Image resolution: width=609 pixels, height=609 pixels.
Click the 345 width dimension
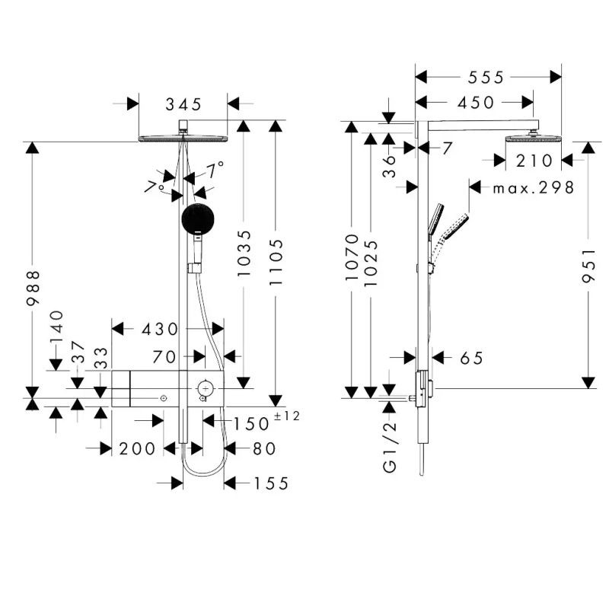pyautogui.click(x=183, y=103)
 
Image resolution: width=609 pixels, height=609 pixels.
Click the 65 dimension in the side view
pyautogui.click(x=471, y=358)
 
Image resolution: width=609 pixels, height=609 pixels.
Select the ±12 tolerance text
pyautogui.click(x=288, y=416)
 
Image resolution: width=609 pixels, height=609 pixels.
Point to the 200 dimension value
pyautogui.click(x=137, y=449)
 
